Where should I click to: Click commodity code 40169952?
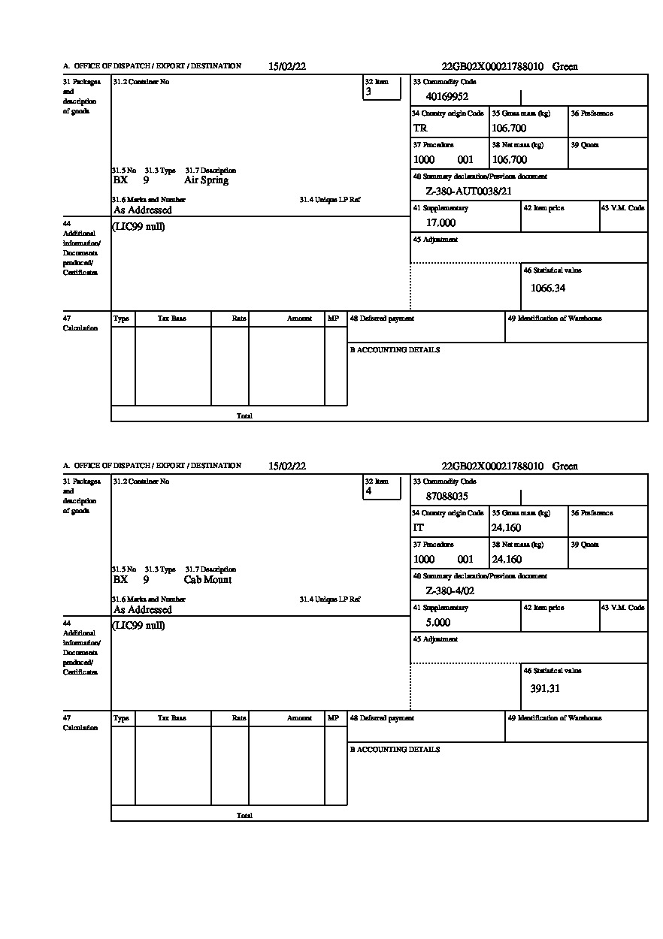447,96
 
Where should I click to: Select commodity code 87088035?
447,496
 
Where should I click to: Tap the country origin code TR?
420,128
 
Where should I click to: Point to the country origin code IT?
419,528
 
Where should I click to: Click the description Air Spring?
206,180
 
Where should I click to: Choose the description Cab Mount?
207,580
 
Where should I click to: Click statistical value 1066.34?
547,288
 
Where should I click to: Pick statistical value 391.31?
545,688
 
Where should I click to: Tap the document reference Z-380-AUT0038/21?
468,192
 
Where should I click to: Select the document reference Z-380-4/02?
450,591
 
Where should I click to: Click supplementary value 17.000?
440,223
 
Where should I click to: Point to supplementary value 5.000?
438,623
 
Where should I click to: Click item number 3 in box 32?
368,92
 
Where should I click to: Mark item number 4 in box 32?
368,492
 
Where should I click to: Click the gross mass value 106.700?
509,128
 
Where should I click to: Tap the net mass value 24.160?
506,560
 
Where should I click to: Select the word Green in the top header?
565,67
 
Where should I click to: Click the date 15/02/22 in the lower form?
287,466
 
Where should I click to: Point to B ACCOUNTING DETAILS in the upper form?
395,350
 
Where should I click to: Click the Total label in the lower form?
244,816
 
